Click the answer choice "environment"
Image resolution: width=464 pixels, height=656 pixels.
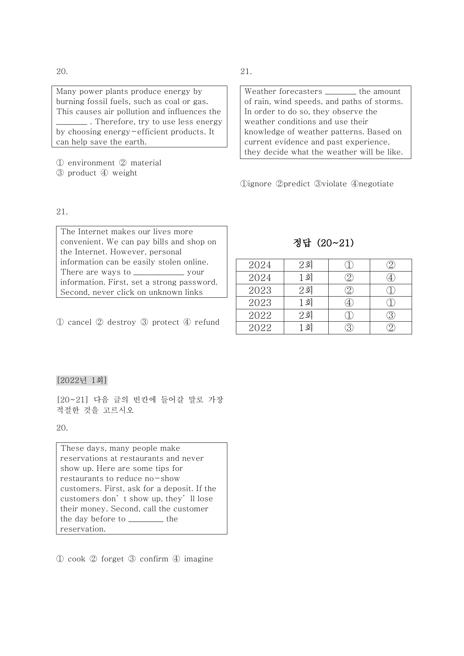(x=91, y=163)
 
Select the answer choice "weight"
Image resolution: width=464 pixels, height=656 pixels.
(x=125, y=173)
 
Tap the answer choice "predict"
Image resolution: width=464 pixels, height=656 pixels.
(x=296, y=184)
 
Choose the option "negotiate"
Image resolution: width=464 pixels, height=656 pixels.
(x=376, y=184)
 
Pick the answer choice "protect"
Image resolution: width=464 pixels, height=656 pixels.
(x=165, y=322)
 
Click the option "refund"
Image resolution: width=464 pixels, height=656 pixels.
(x=207, y=322)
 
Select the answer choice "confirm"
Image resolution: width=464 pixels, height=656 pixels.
(x=154, y=559)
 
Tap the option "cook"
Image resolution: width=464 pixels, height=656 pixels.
(x=76, y=559)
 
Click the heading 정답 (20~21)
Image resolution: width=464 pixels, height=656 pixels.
(x=323, y=243)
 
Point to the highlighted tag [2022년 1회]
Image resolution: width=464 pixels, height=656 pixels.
(x=82, y=380)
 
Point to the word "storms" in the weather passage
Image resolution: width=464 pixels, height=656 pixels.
(x=390, y=102)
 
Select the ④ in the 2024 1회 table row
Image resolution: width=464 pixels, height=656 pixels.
(x=390, y=278)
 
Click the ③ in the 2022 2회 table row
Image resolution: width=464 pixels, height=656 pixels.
(x=390, y=315)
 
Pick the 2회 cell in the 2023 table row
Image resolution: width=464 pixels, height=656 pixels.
(x=306, y=291)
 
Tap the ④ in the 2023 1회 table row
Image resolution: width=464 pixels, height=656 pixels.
(x=349, y=303)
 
